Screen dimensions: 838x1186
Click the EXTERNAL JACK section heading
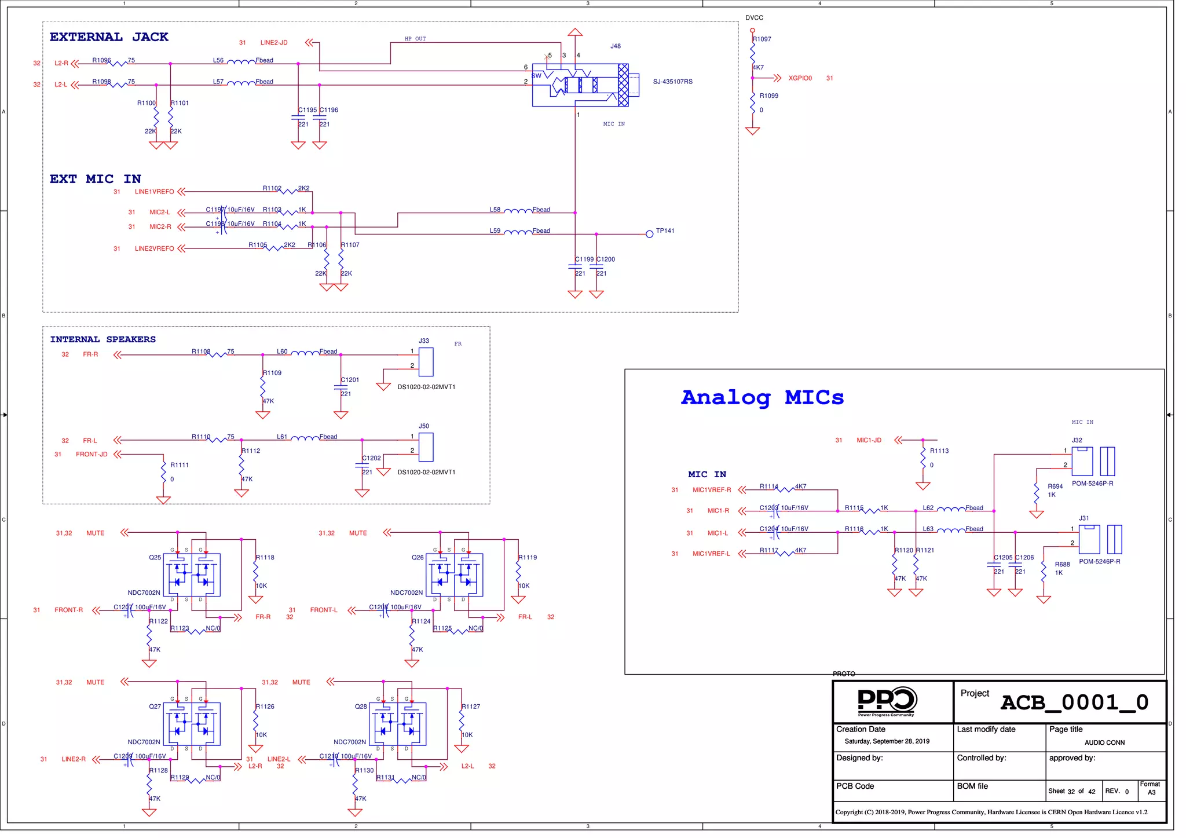click(x=109, y=37)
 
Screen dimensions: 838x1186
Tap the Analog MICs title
click(x=762, y=398)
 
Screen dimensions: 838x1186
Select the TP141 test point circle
click(x=649, y=234)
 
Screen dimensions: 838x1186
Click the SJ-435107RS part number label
click(x=672, y=82)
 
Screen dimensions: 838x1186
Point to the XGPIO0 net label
click(x=800, y=78)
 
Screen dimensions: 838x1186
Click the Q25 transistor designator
click(x=155, y=558)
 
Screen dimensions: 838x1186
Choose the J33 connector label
click(x=424, y=341)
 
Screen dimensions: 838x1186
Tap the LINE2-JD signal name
click(x=274, y=43)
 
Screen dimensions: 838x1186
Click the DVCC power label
click(x=754, y=18)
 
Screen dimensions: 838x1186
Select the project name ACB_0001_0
click(x=1074, y=702)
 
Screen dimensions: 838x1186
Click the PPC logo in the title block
click(x=887, y=701)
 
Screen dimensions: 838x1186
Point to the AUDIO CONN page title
click(x=1104, y=742)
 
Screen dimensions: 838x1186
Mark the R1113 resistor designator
click(x=939, y=451)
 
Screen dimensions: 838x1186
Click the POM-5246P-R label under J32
click(x=1092, y=484)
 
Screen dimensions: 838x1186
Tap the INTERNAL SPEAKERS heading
click(x=103, y=339)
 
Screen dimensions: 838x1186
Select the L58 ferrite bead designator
click(x=495, y=210)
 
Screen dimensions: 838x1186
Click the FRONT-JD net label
click(x=91, y=455)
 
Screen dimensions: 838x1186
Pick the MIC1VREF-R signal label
click(x=712, y=490)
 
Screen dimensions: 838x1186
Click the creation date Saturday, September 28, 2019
click(x=887, y=741)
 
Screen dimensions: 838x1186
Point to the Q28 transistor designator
click(x=361, y=707)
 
